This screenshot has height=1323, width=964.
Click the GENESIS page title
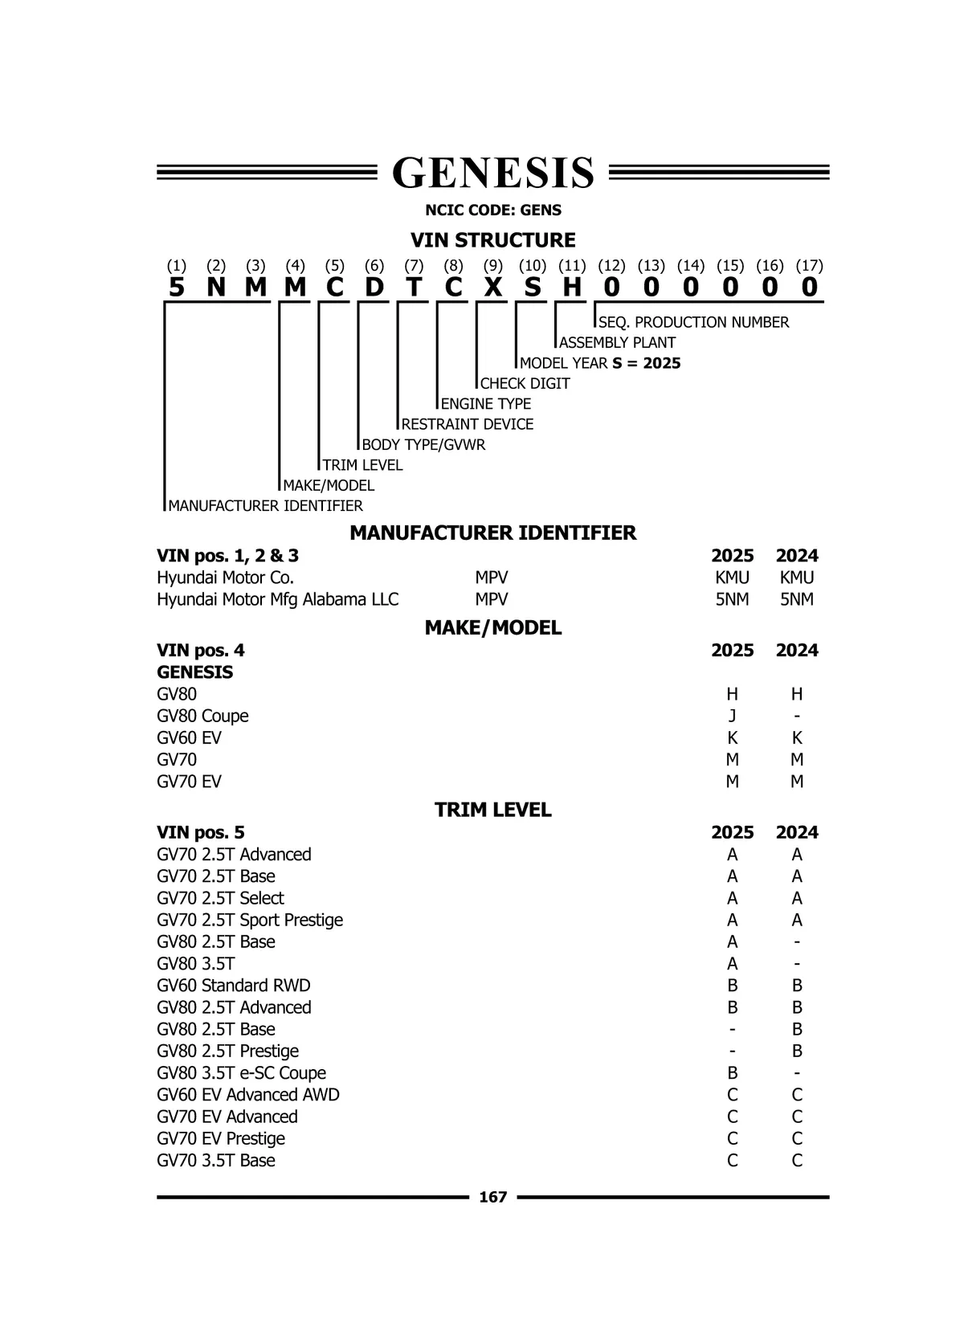tap(492, 173)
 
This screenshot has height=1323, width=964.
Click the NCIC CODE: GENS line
tap(492, 210)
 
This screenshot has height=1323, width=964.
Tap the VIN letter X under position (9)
tap(493, 287)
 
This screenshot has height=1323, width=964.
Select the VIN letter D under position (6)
tap(374, 287)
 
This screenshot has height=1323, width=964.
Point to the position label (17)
tap(809, 266)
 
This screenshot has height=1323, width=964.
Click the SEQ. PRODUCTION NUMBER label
tap(693, 322)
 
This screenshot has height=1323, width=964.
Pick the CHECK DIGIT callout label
tap(525, 383)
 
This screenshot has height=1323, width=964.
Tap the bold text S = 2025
tap(646, 363)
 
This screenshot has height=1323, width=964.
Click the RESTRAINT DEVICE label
tap(467, 424)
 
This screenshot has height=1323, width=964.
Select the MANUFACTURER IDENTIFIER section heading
tap(492, 533)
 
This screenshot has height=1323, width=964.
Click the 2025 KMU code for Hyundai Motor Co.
tap(732, 578)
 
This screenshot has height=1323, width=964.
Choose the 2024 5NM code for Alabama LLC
tap(796, 599)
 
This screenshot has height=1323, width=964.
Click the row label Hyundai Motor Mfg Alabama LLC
tap(277, 599)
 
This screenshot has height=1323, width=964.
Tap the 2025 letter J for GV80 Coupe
tap(732, 716)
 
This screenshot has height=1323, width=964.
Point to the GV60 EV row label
tap(189, 737)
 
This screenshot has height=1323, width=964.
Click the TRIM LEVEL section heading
tap(492, 810)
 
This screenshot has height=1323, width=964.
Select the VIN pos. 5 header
tap(201, 832)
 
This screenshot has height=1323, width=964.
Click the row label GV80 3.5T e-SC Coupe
tap(241, 1073)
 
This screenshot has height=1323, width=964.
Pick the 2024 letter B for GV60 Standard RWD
tap(796, 986)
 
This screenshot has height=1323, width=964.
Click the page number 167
tap(492, 1197)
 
